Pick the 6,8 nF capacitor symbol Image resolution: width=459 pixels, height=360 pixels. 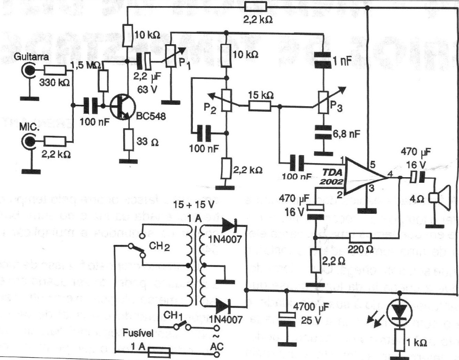(324, 133)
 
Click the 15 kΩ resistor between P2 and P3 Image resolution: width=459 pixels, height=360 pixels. (259, 106)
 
